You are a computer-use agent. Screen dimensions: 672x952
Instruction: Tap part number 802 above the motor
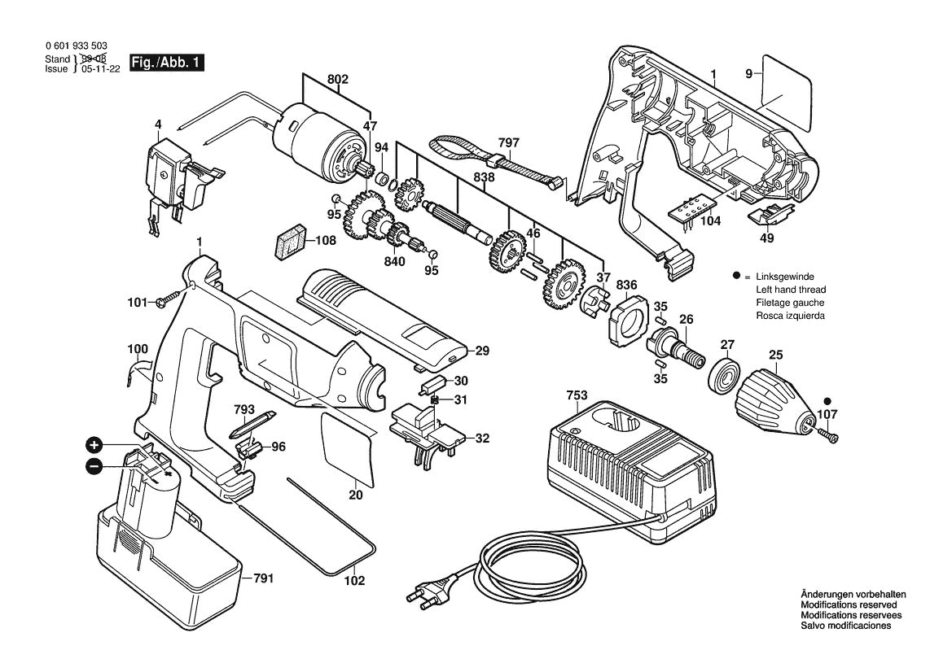pos(337,79)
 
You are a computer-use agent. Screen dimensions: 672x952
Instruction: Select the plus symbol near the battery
pos(95,445)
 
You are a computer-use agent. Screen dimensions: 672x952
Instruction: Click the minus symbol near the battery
pos(94,466)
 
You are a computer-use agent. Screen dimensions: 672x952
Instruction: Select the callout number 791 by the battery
pos(262,578)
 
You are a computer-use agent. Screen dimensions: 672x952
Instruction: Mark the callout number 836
pos(625,285)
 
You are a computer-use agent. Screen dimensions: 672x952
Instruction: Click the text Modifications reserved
pos(849,605)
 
